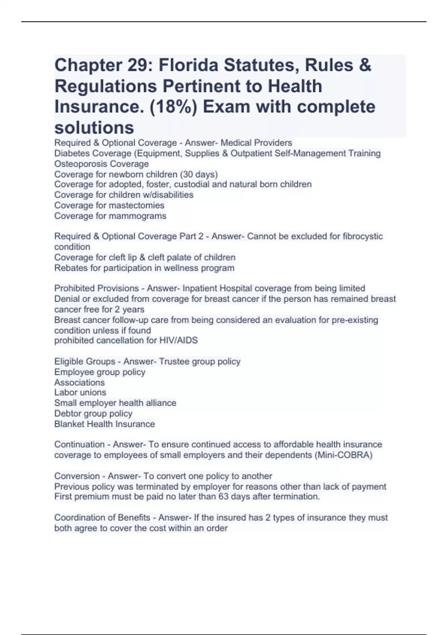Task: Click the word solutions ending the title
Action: point(94,128)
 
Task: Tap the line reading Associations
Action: point(80,382)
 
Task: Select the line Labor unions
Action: point(80,392)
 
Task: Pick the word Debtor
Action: point(67,413)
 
